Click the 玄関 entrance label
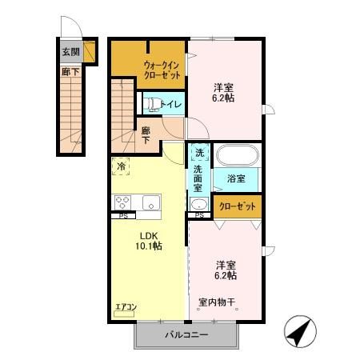70,53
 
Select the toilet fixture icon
150,103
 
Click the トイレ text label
170,104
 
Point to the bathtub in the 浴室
234,155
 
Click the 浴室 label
234,178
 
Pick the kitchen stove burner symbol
123,202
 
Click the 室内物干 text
217,302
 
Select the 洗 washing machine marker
198,153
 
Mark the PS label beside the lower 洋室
198,215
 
